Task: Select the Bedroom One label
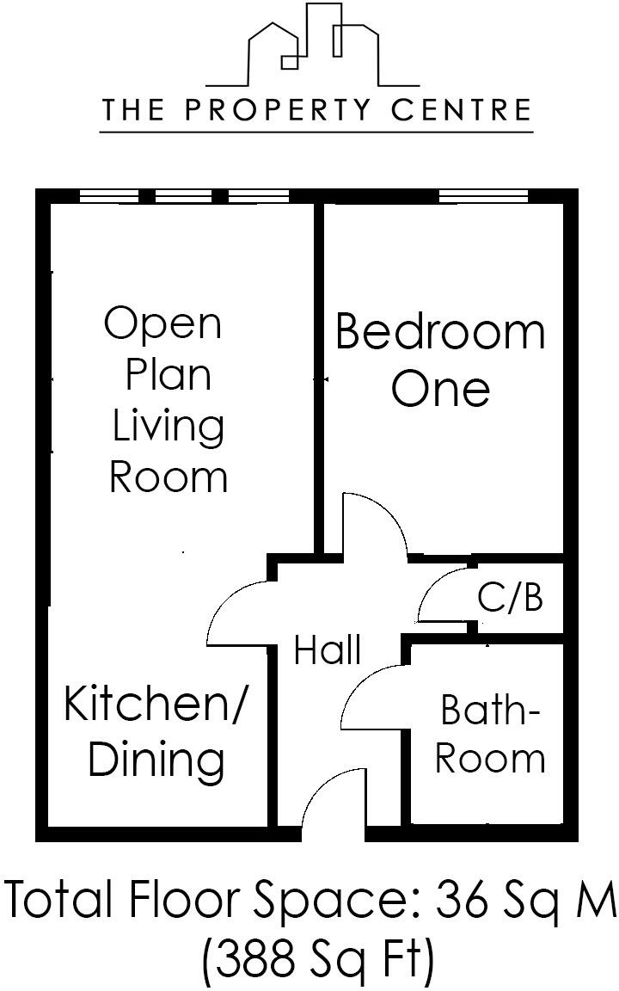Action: click(440, 360)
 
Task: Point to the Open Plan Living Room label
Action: click(167, 400)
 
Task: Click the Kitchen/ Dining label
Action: click(155, 731)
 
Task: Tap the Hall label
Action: click(327, 650)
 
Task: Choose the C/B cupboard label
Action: click(511, 596)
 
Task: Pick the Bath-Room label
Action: click(489, 734)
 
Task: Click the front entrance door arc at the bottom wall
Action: click(329, 800)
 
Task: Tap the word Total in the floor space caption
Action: click(60, 900)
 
